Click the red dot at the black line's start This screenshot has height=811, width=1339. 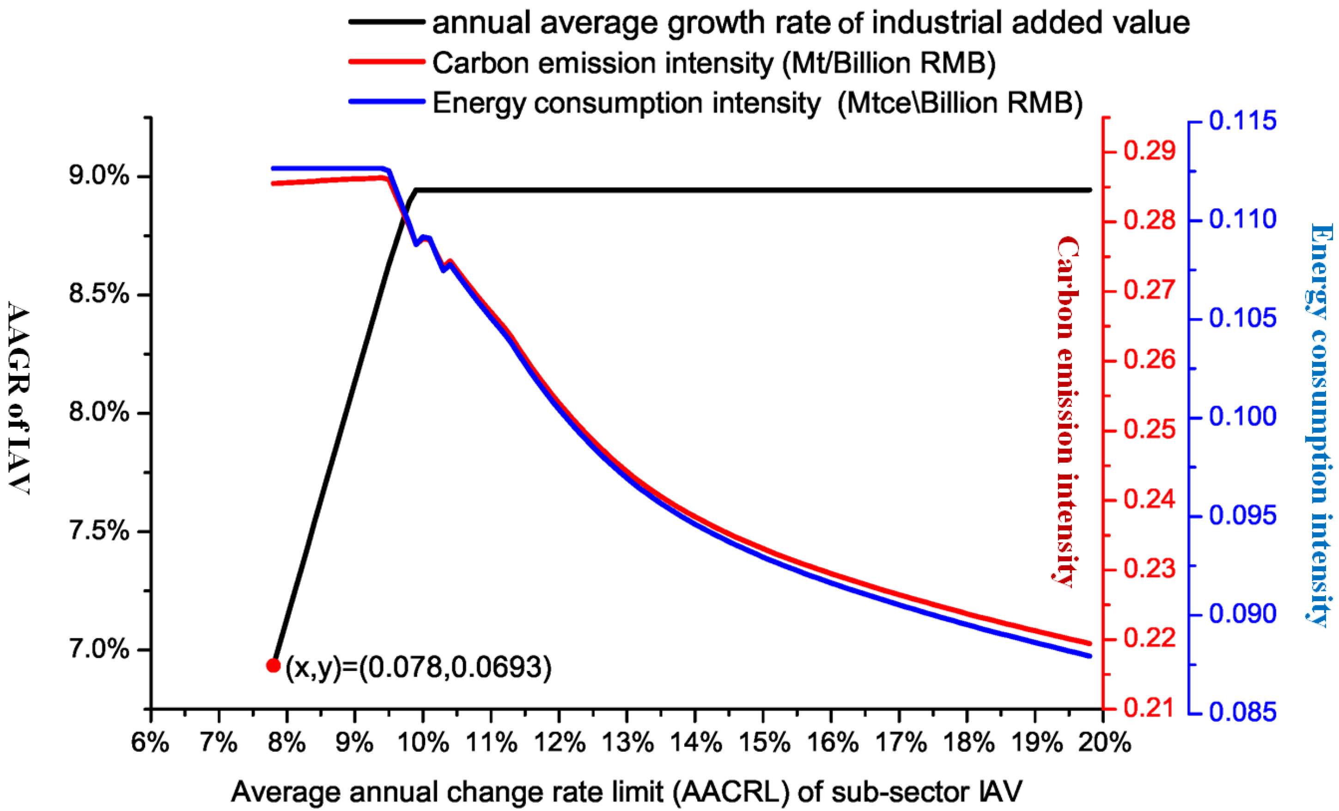coord(274,665)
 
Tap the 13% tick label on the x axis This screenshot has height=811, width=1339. coord(627,743)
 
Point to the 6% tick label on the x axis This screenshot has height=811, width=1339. coord(151,743)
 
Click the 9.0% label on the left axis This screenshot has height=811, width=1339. coord(99,176)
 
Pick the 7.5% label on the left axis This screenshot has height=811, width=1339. coord(99,531)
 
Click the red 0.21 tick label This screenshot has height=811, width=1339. coord(1149,708)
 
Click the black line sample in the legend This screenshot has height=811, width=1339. coord(386,22)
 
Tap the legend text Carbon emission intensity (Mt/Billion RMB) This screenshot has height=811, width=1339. coord(713,63)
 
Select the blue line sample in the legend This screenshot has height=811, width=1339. coord(386,102)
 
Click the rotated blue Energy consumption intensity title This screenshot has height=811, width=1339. coord(1320,424)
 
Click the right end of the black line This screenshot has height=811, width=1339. coord(1089,190)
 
